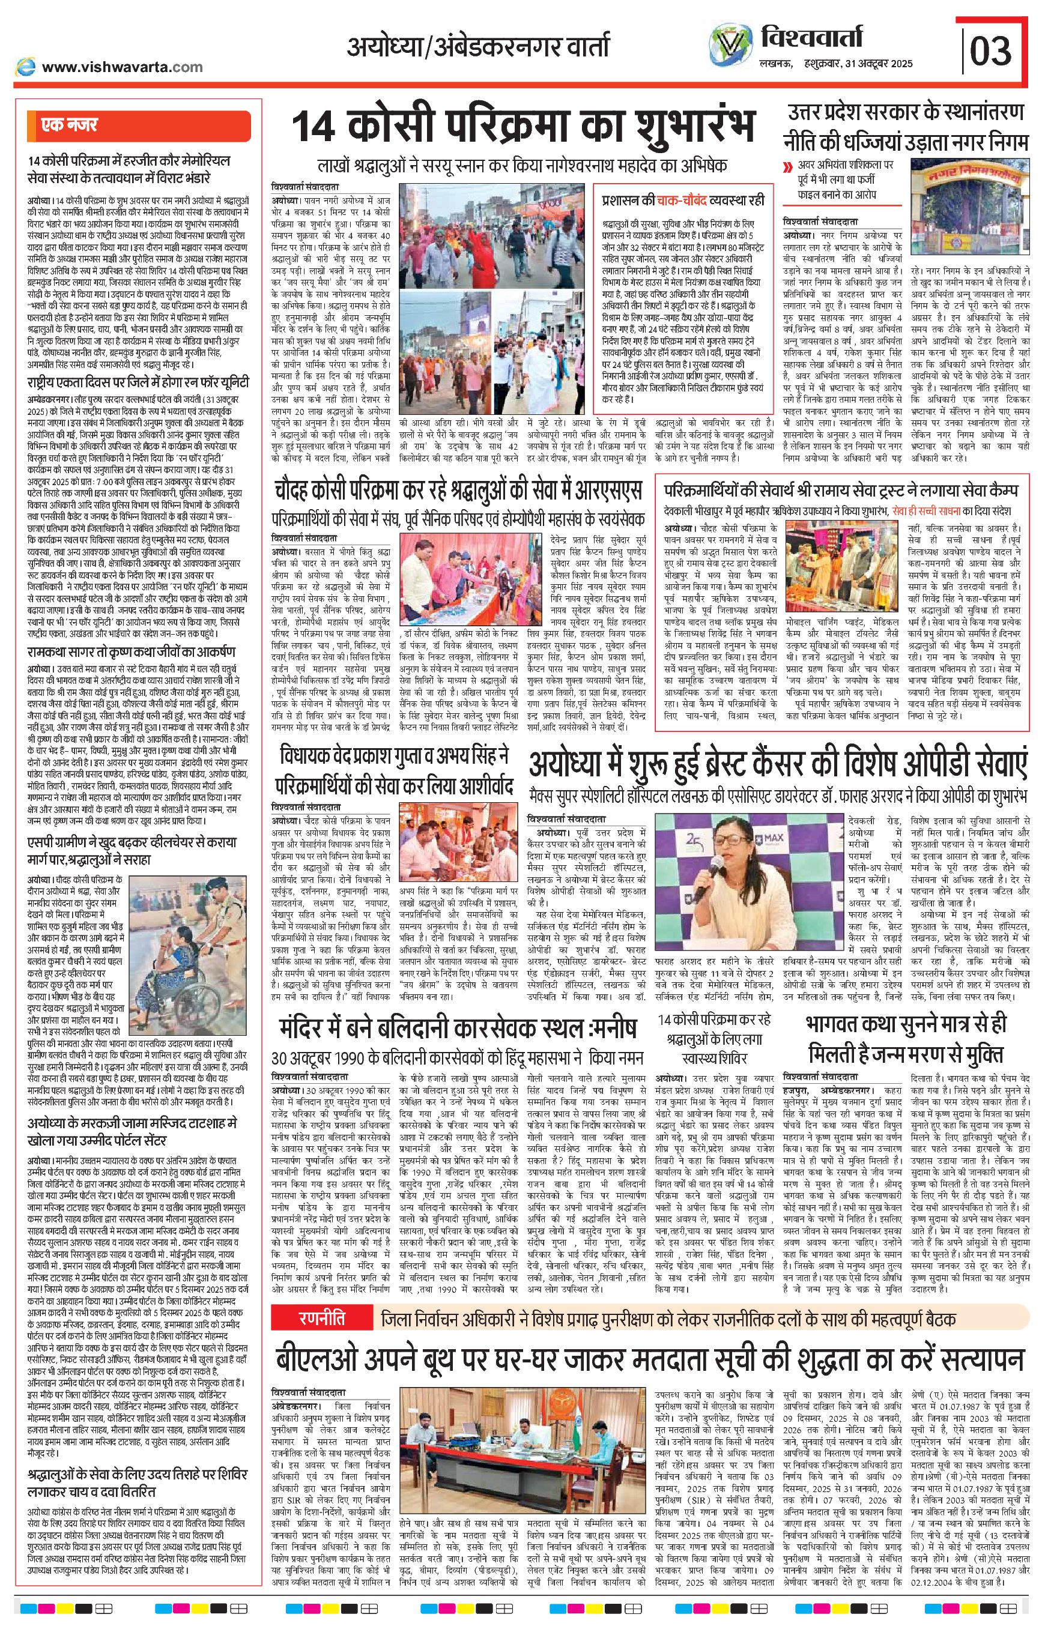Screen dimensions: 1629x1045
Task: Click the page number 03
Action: (x=991, y=51)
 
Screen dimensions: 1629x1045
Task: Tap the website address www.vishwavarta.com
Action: (x=122, y=67)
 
